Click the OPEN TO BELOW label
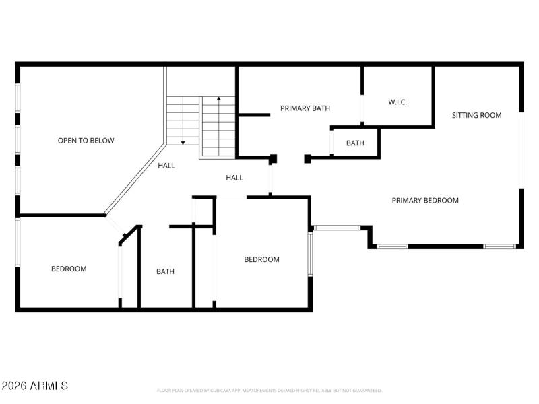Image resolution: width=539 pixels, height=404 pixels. click(x=86, y=141)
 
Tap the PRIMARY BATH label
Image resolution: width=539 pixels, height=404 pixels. click(x=305, y=108)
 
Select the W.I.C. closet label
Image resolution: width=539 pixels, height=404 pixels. click(x=398, y=102)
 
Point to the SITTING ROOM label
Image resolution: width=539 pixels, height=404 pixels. click(x=476, y=115)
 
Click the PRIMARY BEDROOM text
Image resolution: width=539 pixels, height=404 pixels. click(x=425, y=200)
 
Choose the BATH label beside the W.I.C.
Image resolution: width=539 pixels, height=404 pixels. click(x=355, y=143)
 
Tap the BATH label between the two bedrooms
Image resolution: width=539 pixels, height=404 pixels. click(x=165, y=272)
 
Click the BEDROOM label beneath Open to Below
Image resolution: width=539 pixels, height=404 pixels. click(x=69, y=269)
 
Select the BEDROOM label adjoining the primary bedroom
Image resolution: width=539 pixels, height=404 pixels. click(x=261, y=260)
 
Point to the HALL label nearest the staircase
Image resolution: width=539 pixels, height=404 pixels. click(x=166, y=166)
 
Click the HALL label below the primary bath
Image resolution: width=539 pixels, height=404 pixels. click(x=234, y=178)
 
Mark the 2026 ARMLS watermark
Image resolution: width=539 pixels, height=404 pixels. click(x=34, y=386)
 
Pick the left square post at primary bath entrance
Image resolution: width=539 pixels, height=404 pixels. click(x=273, y=159)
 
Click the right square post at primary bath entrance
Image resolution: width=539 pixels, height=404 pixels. click(x=308, y=159)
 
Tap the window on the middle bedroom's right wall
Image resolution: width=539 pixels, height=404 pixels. click(x=310, y=254)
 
